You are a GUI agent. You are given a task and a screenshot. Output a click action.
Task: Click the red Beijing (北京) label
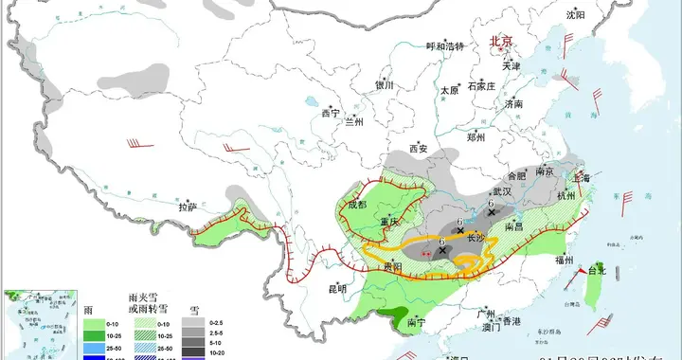499,42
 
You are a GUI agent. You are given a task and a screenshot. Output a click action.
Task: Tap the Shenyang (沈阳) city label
576,14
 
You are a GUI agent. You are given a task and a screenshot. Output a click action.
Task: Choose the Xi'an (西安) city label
419,148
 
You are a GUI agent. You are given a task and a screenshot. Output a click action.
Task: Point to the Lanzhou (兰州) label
353,121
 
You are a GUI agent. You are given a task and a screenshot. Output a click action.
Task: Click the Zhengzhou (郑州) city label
476,137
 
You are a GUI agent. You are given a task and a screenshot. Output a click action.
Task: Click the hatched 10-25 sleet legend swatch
144,335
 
